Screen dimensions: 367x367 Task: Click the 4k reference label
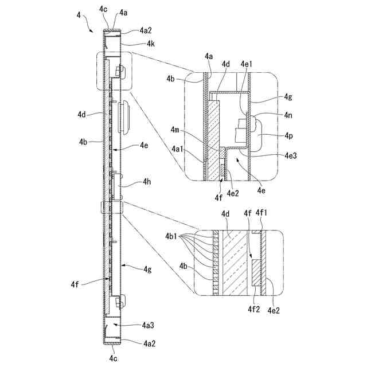click(150, 44)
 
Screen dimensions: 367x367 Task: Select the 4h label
click(147, 183)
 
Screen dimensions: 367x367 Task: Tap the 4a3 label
click(149, 325)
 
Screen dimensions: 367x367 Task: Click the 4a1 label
click(178, 149)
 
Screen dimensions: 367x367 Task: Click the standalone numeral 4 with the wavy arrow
click(79, 14)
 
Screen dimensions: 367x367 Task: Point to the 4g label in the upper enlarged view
click(288, 97)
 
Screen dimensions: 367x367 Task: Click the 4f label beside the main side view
click(75, 284)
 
